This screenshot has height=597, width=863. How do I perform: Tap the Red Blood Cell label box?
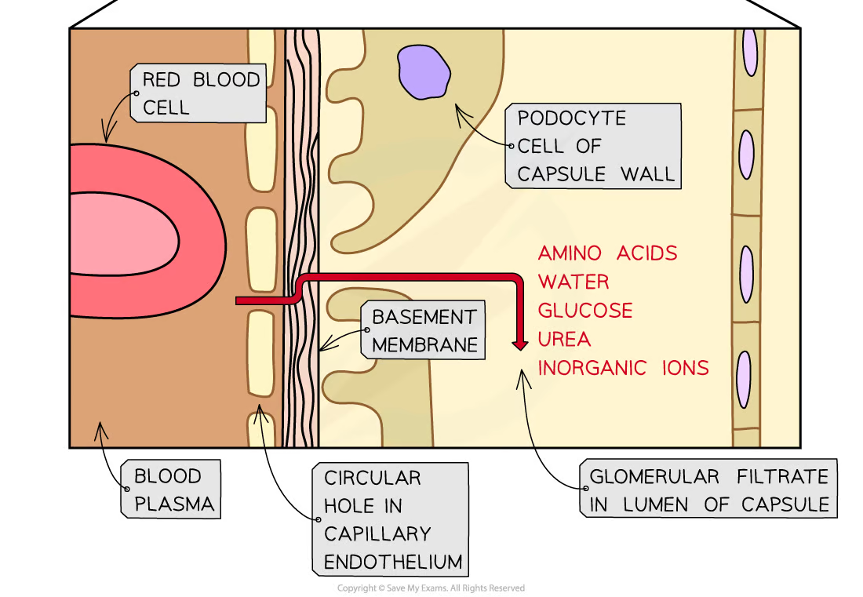[x=200, y=93]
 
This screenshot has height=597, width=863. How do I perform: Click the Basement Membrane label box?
[x=424, y=331]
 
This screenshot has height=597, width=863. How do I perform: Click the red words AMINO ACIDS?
[x=606, y=253]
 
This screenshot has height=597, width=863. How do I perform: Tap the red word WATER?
[x=574, y=282]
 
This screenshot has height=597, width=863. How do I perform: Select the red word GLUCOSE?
[x=585, y=311]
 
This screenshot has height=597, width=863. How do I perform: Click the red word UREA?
[x=564, y=339]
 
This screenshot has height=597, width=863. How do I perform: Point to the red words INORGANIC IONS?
[x=623, y=367]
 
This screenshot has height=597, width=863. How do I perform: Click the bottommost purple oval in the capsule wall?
[x=744, y=379]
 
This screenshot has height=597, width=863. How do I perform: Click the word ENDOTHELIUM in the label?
[x=392, y=562]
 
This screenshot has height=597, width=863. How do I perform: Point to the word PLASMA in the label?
[x=174, y=504]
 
